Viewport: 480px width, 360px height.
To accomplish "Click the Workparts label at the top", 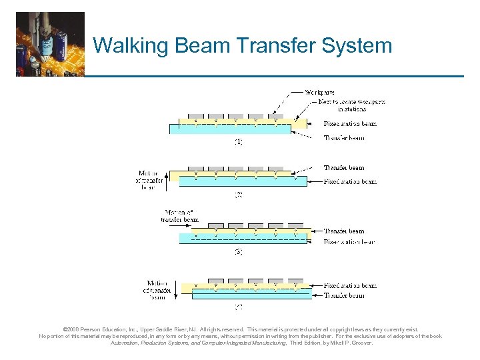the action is pyautogui.click(x=320, y=92).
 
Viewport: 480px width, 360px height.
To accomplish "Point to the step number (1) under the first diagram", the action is pyautogui.click(x=237, y=141).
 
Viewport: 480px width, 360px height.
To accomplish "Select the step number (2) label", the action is pyautogui.click(x=237, y=195).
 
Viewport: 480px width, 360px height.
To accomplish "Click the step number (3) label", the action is pyautogui.click(x=237, y=252).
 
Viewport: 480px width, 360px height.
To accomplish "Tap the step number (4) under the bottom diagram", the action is pyautogui.click(x=237, y=307).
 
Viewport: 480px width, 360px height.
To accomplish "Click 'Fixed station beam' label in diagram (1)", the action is pyautogui.click(x=350, y=124).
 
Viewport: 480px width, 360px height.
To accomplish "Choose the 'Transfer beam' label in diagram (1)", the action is pyautogui.click(x=344, y=138).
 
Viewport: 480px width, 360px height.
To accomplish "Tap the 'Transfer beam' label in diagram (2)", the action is pyautogui.click(x=344, y=167).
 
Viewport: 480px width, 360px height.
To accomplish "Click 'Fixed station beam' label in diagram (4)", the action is pyautogui.click(x=350, y=285).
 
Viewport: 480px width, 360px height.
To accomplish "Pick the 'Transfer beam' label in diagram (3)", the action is pyautogui.click(x=344, y=231).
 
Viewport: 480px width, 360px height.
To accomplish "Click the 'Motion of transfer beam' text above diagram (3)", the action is pyautogui.click(x=180, y=215).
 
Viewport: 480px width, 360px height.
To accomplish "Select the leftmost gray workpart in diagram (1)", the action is pyautogui.click(x=196, y=117).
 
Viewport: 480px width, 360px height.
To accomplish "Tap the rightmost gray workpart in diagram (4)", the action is pyautogui.click(x=296, y=281).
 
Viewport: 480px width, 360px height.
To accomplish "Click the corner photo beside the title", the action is pyautogui.click(x=51, y=44).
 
